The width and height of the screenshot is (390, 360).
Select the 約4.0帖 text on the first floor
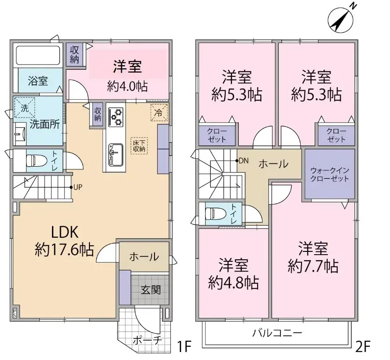click(127, 87)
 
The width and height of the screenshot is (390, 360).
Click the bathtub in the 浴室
click(37, 56)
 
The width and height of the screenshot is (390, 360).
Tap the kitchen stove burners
click(115, 117)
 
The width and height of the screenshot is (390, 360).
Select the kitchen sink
click(115, 153)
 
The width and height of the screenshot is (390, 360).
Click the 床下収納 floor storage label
click(139, 146)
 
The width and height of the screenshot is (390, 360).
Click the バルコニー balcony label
click(277, 334)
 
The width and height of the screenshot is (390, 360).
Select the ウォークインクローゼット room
click(330, 174)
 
